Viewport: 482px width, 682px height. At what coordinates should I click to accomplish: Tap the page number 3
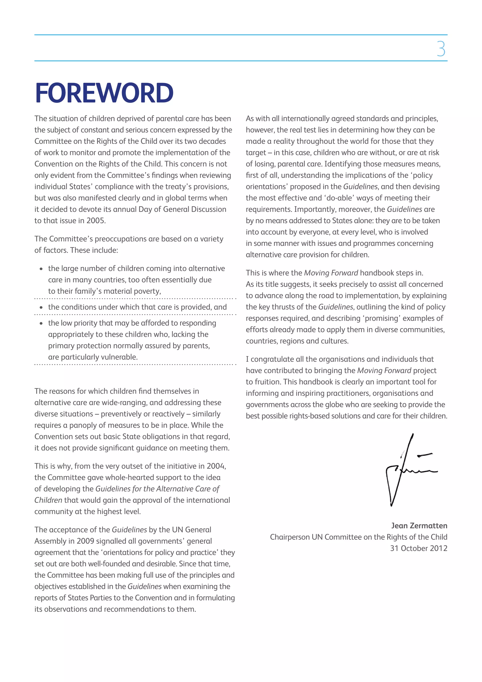click(x=441, y=49)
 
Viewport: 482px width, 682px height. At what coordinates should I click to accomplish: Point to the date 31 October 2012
click(x=418, y=548)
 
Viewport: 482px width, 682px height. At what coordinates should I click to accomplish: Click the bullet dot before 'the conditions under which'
click(x=41, y=307)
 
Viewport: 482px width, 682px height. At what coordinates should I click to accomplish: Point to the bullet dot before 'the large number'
click(x=41, y=269)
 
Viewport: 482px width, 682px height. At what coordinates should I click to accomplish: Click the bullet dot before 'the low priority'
click(x=41, y=323)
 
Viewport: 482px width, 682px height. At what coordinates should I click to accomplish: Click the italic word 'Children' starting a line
click(x=48, y=500)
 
